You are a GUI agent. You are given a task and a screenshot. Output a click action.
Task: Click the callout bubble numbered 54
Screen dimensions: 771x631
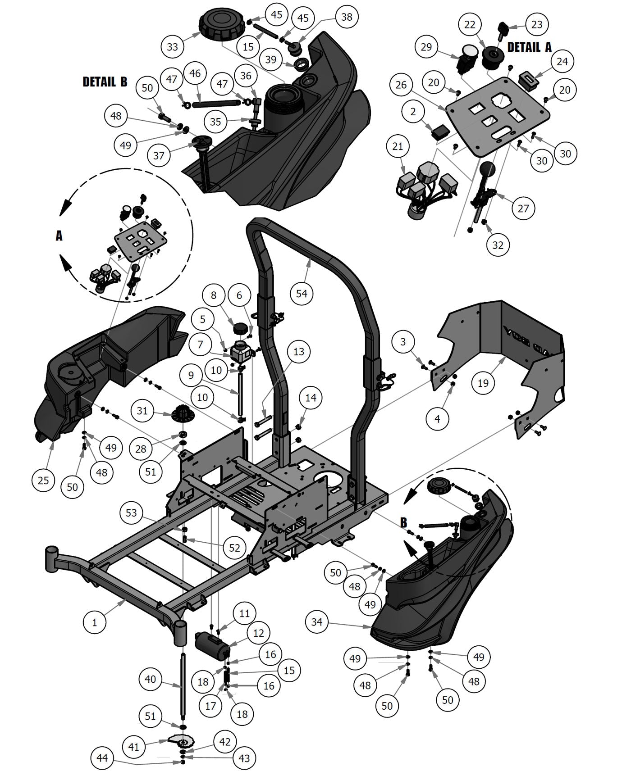click(x=302, y=294)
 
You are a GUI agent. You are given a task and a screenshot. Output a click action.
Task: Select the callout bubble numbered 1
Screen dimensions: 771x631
click(x=95, y=622)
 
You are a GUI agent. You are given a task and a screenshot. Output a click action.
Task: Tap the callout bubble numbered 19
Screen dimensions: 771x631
click(x=483, y=383)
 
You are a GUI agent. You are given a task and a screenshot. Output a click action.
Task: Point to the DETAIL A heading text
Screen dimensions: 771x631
click(x=529, y=47)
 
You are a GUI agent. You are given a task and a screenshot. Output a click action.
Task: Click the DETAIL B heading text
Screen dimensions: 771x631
click(x=105, y=82)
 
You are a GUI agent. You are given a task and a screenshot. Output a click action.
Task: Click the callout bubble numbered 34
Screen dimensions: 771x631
click(x=317, y=622)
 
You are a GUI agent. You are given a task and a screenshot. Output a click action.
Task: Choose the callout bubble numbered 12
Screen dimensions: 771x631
click(x=258, y=633)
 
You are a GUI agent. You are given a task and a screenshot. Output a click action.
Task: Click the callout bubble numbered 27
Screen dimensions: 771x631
click(x=523, y=208)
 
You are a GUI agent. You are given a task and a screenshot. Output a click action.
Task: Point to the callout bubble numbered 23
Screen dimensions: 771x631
click(x=536, y=24)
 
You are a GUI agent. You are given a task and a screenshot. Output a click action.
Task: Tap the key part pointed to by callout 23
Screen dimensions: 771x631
click(x=503, y=31)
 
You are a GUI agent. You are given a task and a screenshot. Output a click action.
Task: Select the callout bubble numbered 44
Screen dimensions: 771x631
click(x=102, y=758)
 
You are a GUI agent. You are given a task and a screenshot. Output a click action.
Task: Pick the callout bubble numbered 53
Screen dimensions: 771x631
click(x=131, y=513)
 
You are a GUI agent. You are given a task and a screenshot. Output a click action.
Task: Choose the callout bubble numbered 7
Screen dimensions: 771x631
click(x=200, y=345)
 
